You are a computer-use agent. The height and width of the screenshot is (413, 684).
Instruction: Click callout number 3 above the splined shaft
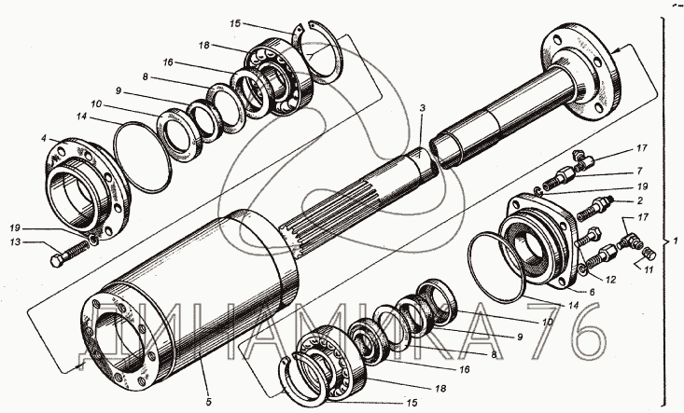point(422,108)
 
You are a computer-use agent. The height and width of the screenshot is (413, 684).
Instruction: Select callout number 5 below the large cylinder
point(208,401)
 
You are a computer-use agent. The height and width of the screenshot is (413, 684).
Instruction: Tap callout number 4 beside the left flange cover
point(44,139)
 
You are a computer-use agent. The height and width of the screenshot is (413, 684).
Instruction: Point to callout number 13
point(16,241)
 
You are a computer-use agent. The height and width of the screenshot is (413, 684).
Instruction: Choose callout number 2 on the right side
point(639,200)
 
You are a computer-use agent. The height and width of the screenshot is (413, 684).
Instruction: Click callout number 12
point(610,280)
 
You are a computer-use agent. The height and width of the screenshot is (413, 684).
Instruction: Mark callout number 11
point(649,270)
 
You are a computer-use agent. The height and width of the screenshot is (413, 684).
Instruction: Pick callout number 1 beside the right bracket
point(676,241)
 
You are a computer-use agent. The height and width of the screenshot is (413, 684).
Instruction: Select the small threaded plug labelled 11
point(649,254)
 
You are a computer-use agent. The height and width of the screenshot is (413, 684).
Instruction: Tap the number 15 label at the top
point(235,23)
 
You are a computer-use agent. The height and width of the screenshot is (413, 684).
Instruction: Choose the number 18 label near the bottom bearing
point(440,388)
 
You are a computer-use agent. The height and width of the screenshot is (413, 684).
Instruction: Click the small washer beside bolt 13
point(93,239)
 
